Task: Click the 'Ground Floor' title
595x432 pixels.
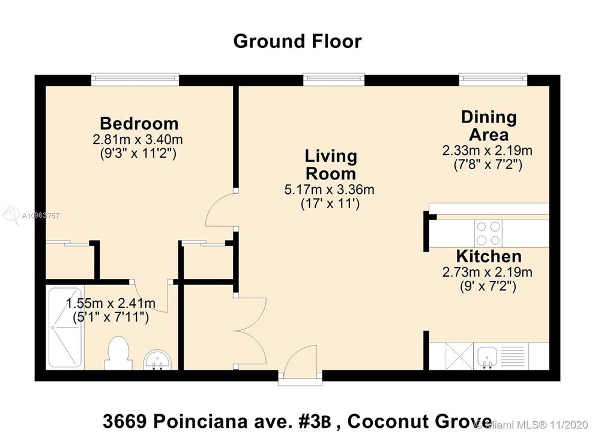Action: [297, 41]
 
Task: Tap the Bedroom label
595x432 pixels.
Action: [139, 124]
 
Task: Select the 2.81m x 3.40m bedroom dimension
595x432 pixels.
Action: [137, 140]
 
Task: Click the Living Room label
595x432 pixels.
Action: [331, 164]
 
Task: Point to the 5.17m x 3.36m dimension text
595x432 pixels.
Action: [330, 189]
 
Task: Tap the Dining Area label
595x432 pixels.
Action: [489, 125]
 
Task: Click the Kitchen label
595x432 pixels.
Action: [489, 256]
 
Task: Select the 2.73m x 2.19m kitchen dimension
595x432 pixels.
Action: [488, 272]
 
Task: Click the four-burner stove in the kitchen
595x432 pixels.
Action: [488, 233]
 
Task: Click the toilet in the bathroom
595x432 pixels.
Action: [119, 353]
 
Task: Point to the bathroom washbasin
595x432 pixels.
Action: [157, 359]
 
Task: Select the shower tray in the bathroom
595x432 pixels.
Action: [65, 327]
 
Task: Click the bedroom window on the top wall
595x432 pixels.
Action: [135, 79]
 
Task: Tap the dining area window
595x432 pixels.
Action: [494, 79]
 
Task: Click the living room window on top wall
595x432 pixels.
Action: [334, 79]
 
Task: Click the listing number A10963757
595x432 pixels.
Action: [41, 216]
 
